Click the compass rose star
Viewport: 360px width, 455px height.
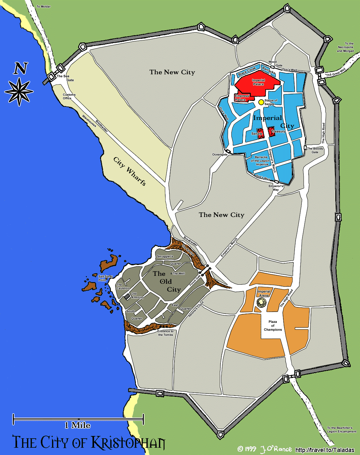coord(19,91)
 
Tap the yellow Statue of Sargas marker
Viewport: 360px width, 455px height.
coord(261,102)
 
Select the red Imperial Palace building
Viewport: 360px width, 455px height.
coord(258,83)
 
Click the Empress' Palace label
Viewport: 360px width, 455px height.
coord(242,98)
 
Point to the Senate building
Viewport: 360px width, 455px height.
coord(260,133)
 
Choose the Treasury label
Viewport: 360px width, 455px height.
coord(278,132)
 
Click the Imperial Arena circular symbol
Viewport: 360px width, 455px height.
coord(262,303)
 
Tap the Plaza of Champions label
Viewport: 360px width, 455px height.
coord(273,326)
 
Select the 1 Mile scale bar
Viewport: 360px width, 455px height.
coord(78,419)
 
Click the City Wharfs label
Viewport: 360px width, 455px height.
coord(130,171)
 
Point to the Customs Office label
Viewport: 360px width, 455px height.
coord(69,96)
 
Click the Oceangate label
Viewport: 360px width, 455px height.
coord(220,155)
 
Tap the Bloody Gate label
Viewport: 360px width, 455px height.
coord(315,150)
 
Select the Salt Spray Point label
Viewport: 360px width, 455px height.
coord(105,278)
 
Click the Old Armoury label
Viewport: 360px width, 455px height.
coord(137,296)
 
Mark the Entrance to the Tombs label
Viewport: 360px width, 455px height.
coord(165,333)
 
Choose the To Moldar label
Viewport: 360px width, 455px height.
coord(43,7)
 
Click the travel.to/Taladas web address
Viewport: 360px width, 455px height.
coord(325,450)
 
